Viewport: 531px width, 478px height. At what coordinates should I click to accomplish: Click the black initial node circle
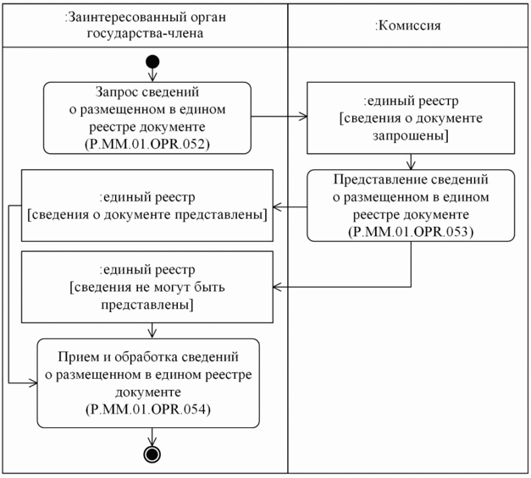[x=152, y=62]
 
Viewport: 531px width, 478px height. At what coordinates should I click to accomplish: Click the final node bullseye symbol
[x=152, y=453]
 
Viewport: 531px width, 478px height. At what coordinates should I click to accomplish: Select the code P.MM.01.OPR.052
[x=147, y=145]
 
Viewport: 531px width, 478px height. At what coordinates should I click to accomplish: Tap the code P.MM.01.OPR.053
[x=411, y=230]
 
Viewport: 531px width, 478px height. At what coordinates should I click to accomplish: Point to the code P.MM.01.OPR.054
[x=148, y=409]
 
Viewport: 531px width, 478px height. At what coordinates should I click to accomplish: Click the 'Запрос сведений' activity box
[x=148, y=118]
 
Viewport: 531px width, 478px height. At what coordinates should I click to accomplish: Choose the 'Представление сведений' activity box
[x=411, y=204]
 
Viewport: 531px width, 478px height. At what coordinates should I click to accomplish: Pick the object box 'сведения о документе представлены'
[x=148, y=204]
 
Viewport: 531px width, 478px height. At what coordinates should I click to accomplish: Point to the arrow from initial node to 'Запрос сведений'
[x=152, y=74]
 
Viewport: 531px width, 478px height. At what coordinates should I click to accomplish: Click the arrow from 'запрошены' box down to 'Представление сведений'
[x=411, y=161]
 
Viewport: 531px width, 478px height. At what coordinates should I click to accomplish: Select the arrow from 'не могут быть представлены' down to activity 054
[x=152, y=330]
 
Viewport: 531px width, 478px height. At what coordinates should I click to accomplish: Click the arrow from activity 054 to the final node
[x=152, y=436]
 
